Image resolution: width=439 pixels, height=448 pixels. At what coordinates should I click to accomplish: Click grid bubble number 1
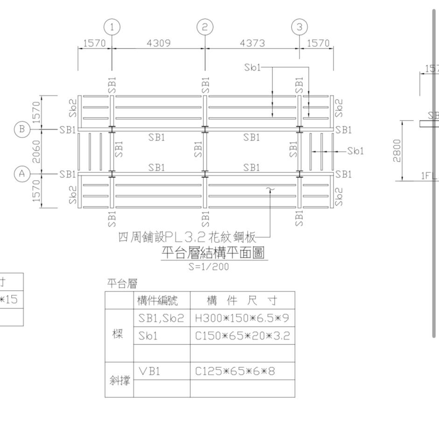pos(112,28)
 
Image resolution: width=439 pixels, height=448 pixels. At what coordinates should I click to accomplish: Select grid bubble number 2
pos(205,28)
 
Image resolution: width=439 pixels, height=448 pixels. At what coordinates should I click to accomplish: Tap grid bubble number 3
pos(300,28)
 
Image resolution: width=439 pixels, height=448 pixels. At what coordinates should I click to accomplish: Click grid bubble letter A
pos(21,174)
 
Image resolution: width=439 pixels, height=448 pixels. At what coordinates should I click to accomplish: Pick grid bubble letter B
pos(21,129)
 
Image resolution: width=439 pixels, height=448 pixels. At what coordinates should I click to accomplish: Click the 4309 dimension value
pos(159,43)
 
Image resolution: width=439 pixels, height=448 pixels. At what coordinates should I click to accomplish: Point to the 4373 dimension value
pos(252,43)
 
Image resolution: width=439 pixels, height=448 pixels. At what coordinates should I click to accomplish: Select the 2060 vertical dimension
pos(36,152)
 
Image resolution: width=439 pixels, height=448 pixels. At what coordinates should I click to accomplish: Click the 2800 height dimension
pos(397,151)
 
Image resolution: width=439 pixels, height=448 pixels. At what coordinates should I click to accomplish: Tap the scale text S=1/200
pos(209,267)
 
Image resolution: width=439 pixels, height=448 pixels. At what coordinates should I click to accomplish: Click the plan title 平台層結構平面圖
pos(214,253)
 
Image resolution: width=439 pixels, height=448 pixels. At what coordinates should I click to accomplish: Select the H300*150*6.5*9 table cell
pos(242,318)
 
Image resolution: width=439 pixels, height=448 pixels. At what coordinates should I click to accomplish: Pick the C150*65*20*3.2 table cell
pos(242,336)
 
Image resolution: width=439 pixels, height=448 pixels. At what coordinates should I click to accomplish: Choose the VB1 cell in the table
pos(149,371)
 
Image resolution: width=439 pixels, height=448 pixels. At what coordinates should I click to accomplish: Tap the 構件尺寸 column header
pos(242,300)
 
